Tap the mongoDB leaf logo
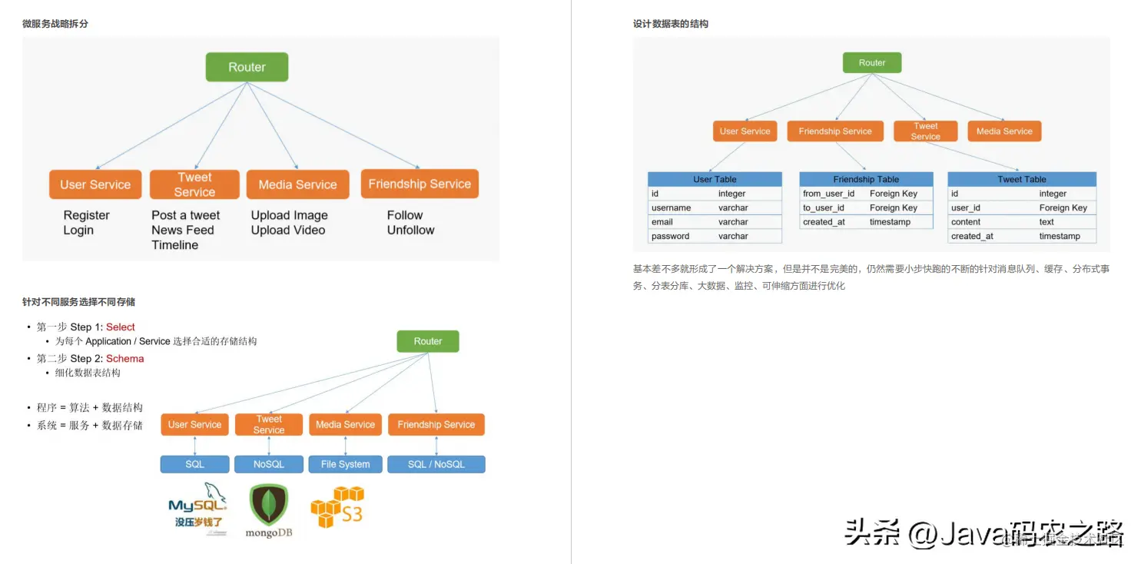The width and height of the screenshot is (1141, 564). point(269,505)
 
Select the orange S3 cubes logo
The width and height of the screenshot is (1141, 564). point(337,506)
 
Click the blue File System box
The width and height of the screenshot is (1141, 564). point(345,464)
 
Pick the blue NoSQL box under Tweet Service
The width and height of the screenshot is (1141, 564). point(269,464)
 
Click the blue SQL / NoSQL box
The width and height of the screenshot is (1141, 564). point(436,464)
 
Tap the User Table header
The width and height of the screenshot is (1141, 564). point(715,179)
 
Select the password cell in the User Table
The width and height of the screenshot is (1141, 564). point(670,236)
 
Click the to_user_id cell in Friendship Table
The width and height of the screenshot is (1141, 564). point(823,207)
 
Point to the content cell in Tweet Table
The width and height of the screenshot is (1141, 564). point(966,222)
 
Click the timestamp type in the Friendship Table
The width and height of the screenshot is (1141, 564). point(890,222)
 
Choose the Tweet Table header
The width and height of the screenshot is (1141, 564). point(1021,179)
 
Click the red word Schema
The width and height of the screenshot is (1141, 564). point(124,359)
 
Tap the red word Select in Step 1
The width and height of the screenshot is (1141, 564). point(121,327)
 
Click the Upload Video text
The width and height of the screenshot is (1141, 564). point(288,230)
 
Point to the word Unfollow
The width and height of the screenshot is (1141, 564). point(410,230)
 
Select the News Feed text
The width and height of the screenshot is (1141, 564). point(183,230)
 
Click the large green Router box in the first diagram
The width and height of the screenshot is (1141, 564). point(247,67)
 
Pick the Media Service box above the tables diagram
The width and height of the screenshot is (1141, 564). point(1004,131)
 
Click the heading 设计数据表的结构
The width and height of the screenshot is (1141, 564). point(671,24)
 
